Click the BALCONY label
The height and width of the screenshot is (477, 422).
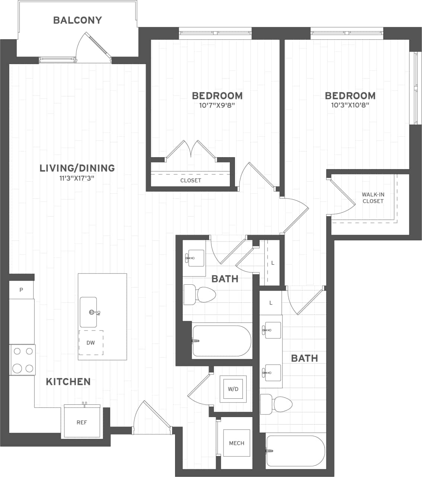[x=77, y=20]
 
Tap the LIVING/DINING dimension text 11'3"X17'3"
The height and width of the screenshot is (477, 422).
[x=77, y=178]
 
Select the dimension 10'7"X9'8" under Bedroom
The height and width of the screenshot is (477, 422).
[x=217, y=105]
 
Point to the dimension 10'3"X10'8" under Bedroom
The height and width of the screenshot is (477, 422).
[x=350, y=105]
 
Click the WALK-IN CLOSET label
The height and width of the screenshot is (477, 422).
[x=373, y=198]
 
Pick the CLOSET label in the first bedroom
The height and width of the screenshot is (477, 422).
[x=191, y=180]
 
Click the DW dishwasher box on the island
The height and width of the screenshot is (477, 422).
[x=91, y=342]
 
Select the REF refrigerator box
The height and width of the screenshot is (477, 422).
[x=82, y=422]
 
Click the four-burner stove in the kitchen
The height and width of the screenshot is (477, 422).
[x=22, y=360]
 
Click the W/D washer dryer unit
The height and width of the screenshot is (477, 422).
[x=233, y=389]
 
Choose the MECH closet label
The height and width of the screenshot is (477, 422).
[x=237, y=443]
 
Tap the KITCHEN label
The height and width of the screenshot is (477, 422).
[x=68, y=382]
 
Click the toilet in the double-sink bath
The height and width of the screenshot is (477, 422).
[x=276, y=404]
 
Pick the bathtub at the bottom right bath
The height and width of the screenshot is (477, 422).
[x=295, y=451]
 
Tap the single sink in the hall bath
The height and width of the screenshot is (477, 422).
[x=194, y=258]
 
